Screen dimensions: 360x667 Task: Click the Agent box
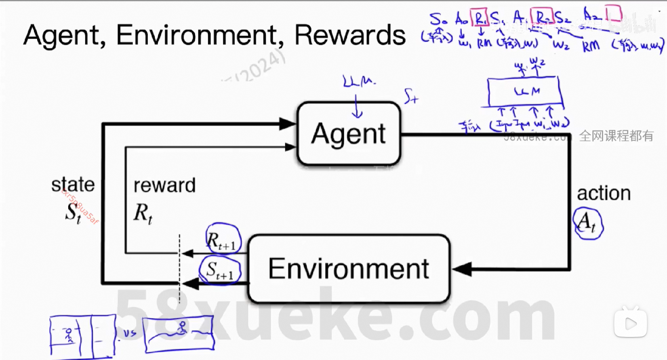(x=349, y=133)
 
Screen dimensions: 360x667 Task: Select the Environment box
(x=349, y=269)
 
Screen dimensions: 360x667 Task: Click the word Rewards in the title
(x=350, y=35)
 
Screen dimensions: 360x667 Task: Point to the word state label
(x=73, y=185)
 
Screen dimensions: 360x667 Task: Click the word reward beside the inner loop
(x=164, y=185)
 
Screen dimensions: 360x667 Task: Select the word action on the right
(x=604, y=193)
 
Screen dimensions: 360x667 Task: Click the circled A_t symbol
(x=588, y=223)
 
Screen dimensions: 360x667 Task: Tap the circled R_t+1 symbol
(x=223, y=239)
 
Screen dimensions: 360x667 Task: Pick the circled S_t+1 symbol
(x=220, y=270)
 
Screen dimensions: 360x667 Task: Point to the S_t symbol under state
(x=73, y=213)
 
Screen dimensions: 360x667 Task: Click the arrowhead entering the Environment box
(x=462, y=269)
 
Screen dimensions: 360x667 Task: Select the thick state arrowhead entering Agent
(x=288, y=124)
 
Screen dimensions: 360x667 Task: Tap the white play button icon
(x=630, y=323)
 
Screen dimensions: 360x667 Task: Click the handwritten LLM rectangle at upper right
(x=525, y=92)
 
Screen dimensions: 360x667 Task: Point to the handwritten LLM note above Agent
(x=359, y=82)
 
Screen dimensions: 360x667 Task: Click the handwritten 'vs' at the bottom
(x=129, y=333)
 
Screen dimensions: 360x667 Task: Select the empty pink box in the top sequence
(x=614, y=14)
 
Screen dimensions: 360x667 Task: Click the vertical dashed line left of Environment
(x=179, y=269)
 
